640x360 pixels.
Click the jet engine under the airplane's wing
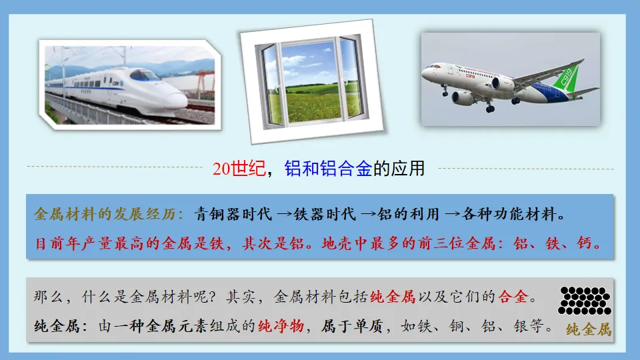tap(503, 85)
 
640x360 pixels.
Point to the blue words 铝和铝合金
tap(328, 169)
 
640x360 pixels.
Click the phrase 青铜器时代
tap(233, 215)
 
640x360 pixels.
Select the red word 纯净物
tap(281, 327)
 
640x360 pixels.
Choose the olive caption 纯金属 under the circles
tap(588, 329)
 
